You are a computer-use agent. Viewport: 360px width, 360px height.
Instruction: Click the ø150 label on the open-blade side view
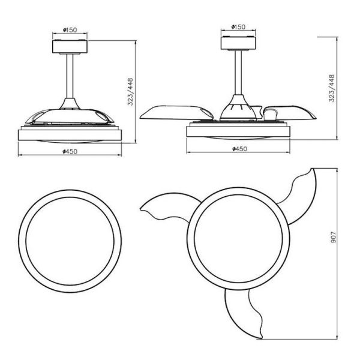(238, 27)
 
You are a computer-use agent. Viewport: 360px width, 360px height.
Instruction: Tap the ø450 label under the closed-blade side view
(71, 151)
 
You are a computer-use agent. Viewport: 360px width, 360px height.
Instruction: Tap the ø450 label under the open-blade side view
(240, 148)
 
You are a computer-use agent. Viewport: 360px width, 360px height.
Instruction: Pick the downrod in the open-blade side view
(238, 75)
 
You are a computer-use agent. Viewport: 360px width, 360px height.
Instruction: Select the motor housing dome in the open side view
(238, 110)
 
